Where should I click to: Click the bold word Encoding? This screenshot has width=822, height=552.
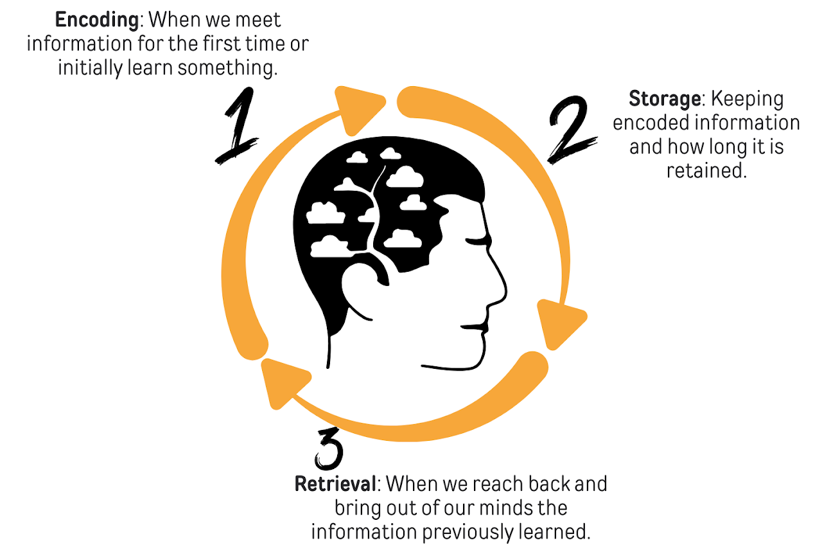[x=96, y=21]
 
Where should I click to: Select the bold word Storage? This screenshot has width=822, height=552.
[x=664, y=99]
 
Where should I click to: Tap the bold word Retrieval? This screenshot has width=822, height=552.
[x=334, y=483]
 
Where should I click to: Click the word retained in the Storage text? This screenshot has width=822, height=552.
[x=706, y=172]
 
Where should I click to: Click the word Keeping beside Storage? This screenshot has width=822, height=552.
[x=747, y=100]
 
